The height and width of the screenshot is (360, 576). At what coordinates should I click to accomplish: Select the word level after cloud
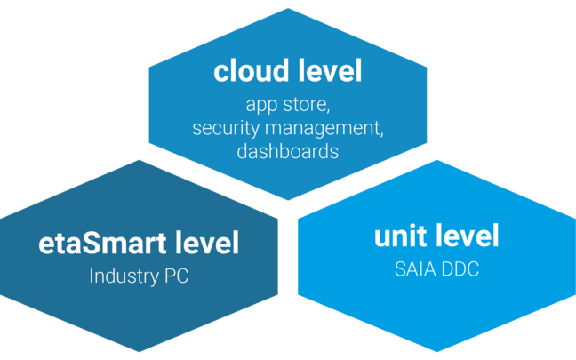(x=327, y=71)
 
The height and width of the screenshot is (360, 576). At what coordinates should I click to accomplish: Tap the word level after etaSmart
(x=208, y=243)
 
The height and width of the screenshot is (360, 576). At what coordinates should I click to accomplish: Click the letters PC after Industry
(x=178, y=276)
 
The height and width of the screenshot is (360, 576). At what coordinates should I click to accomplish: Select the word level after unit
(x=467, y=236)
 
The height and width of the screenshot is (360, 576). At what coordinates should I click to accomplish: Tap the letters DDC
(x=460, y=269)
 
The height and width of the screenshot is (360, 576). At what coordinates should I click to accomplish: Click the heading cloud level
(x=287, y=71)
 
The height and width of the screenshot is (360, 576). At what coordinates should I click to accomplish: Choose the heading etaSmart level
(x=140, y=243)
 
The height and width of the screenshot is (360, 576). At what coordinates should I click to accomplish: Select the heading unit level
(x=436, y=236)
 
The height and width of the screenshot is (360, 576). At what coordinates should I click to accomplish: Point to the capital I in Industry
(x=92, y=276)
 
